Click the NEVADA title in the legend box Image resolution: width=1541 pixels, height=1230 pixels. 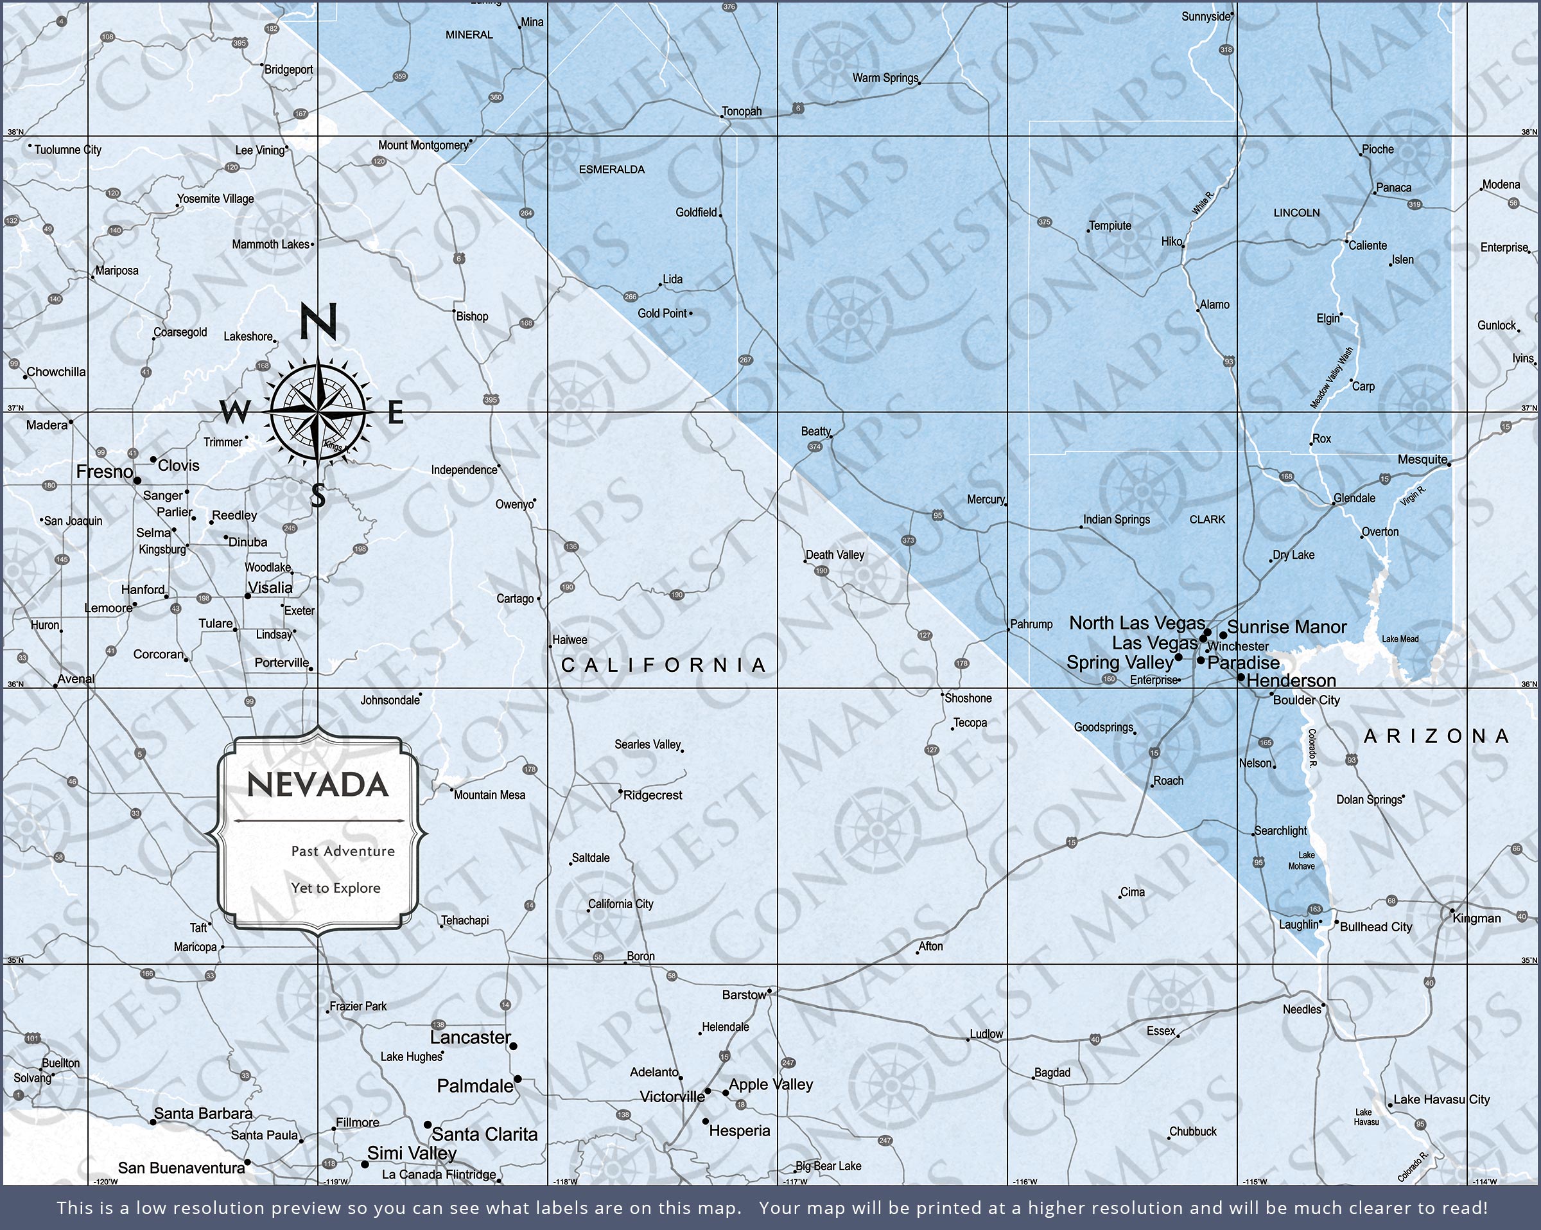point(317,784)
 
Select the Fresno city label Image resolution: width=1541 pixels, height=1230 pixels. point(105,471)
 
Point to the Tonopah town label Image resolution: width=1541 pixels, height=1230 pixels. point(741,111)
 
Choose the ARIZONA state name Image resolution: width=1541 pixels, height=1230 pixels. point(1436,736)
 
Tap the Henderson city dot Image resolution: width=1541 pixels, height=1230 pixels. point(1241,676)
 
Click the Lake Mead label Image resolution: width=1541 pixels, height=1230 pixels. point(1400,638)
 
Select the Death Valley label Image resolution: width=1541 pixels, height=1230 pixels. point(835,554)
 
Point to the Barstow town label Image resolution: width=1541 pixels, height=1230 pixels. point(744,995)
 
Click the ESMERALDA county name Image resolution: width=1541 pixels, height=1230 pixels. point(611,170)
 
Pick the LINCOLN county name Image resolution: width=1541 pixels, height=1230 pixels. point(1296,213)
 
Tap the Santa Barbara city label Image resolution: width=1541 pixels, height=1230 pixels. point(203,1114)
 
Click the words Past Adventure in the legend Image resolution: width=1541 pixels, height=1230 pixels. point(342,851)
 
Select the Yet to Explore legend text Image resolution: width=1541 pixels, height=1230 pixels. point(335,888)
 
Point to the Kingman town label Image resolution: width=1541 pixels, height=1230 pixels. point(1477,918)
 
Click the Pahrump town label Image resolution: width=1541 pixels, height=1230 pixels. point(1031,624)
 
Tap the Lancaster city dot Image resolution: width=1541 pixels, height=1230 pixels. point(512,1046)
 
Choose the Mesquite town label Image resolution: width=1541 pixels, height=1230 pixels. point(1422,459)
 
